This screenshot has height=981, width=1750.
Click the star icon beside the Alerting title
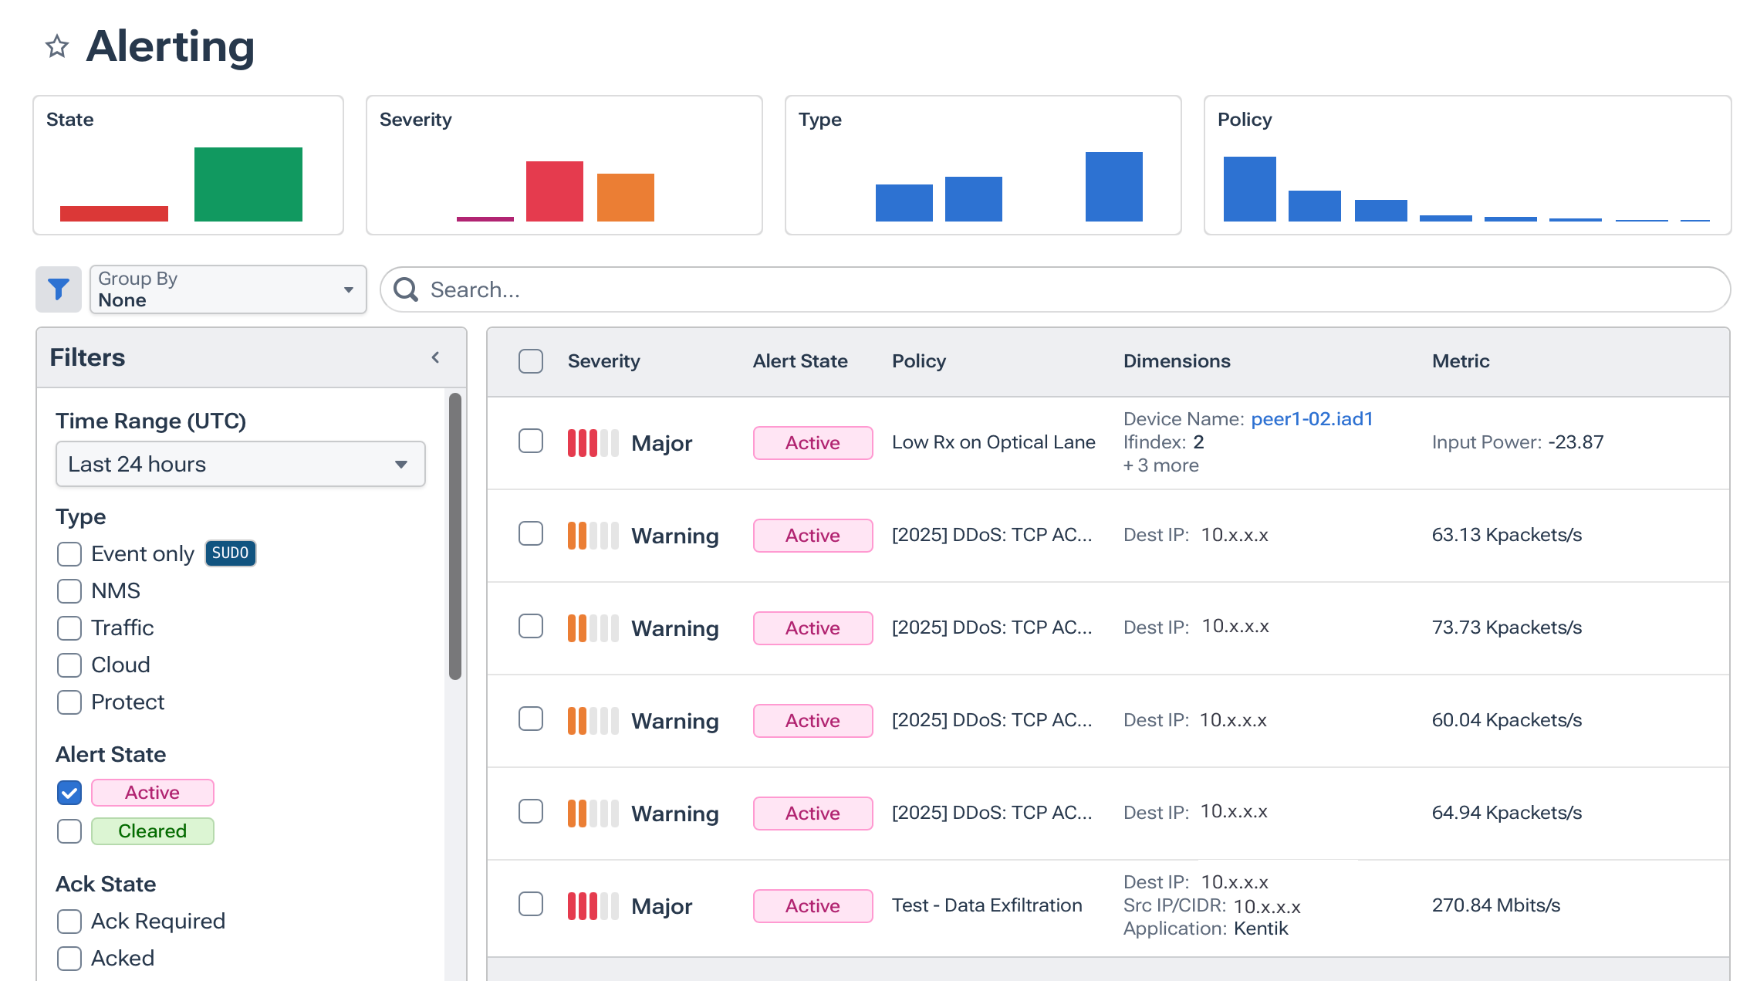click(x=57, y=47)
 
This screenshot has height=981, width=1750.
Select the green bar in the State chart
click(x=248, y=184)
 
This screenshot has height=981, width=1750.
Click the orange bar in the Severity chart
click(x=625, y=198)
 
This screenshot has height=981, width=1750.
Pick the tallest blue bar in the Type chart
click(x=1113, y=187)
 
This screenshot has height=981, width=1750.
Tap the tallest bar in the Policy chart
click(x=1249, y=189)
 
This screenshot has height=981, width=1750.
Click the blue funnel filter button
click(x=59, y=289)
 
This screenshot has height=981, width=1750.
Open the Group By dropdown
click(x=228, y=289)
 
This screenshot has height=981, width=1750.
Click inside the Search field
click(x=1065, y=289)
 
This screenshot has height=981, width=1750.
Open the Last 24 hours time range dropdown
click(x=240, y=464)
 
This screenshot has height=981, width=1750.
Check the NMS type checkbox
click(x=69, y=591)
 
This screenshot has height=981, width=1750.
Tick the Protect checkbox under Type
click(x=69, y=702)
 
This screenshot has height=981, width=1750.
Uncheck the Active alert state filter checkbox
click(x=69, y=793)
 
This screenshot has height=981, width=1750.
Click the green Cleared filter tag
click(x=152, y=831)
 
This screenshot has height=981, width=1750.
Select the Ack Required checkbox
click(x=69, y=922)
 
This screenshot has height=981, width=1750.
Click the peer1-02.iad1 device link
click(x=1312, y=419)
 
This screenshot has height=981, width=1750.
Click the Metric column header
click(x=1460, y=361)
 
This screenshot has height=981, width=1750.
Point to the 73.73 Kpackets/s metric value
click(x=1506, y=628)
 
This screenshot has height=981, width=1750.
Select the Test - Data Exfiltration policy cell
click(x=987, y=905)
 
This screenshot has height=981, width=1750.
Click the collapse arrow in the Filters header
click(x=436, y=357)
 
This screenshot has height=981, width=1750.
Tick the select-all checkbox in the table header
click(x=531, y=361)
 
